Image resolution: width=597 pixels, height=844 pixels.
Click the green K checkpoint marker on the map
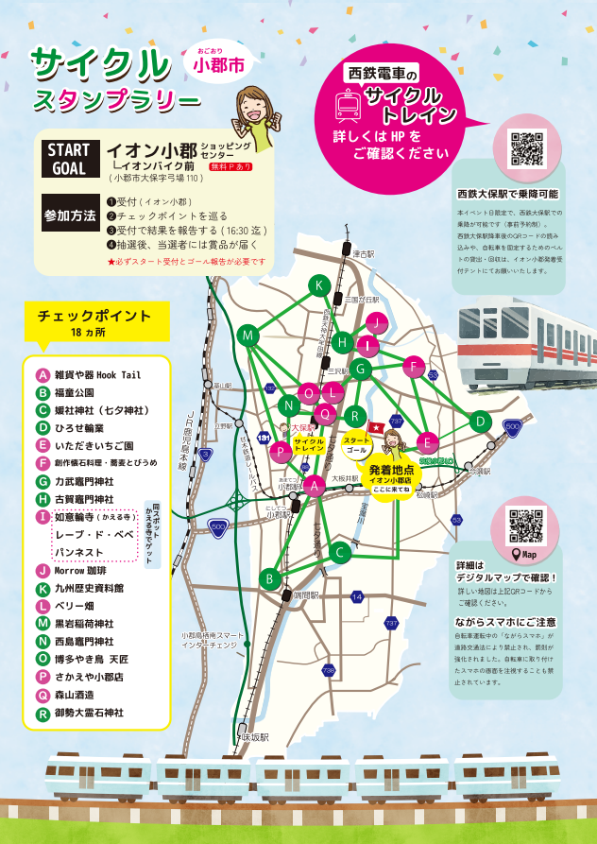click(320, 286)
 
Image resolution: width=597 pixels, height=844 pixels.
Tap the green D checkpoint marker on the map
click(481, 421)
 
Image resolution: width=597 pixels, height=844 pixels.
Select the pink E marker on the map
click(427, 442)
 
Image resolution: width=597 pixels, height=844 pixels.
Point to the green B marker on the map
click(270, 578)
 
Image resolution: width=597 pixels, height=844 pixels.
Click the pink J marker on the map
click(376, 323)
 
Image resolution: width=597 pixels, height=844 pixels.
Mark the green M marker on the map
click(248, 336)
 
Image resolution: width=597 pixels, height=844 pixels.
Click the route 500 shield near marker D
click(512, 427)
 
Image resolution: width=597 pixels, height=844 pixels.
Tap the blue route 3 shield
click(205, 455)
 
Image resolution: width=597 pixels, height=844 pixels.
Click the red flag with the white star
click(375, 428)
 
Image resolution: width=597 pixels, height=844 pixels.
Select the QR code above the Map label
click(526, 525)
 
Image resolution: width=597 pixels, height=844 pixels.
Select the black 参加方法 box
click(71, 215)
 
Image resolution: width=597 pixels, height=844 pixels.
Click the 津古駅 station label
click(363, 255)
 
